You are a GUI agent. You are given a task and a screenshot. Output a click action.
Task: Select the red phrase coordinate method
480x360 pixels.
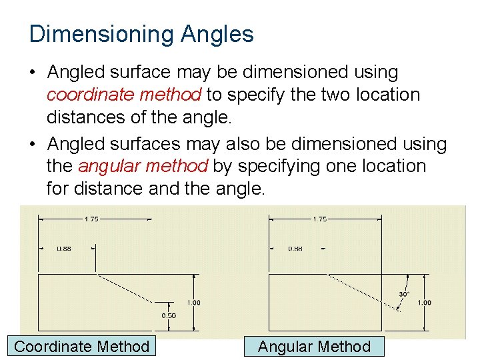pyautogui.click(x=124, y=95)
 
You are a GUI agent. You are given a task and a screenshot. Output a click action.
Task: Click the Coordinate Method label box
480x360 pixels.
pyautogui.click(x=82, y=346)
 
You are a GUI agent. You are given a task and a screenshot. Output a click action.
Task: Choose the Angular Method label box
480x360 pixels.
pyautogui.click(x=314, y=346)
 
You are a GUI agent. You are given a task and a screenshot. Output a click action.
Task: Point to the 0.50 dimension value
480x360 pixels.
pyautogui.click(x=169, y=315)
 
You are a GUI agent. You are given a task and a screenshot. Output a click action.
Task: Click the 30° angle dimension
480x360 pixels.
pyautogui.click(x=403, y=294)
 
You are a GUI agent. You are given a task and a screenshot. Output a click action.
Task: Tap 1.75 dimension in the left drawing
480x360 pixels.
pyautogui.click(x=92, y=219)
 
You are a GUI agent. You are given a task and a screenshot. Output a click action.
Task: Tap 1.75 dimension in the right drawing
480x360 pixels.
pyautogui.click(x=320, y=219)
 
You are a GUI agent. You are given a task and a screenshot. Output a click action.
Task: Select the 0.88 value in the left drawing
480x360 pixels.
pyautogui.click(x=64, y=249)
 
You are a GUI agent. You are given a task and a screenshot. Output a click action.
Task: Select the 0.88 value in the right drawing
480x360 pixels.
pyautogui.click(x=295, y=249)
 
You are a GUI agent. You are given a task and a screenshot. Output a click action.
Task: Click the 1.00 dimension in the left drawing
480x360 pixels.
pyautogui.click(x=193, y=303)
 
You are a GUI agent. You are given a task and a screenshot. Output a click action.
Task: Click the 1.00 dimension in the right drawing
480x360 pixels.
pyautogui.click(x=424, y=303)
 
